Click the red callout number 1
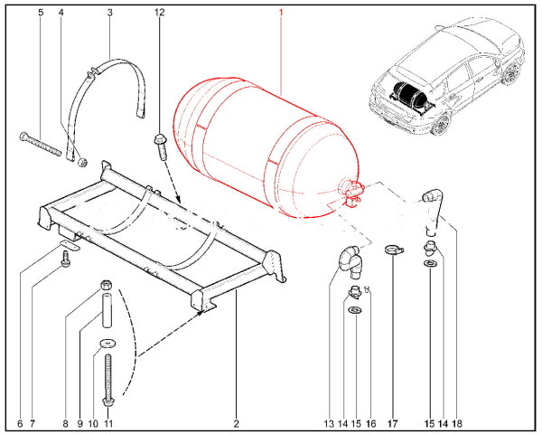pyautogui.click(x=281, y=13)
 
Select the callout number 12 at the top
pyautogui.click(x=160, y=13)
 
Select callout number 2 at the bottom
pyautogui.click(x=237, y=422)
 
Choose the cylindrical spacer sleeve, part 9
pyautogui.click(x=107, y=308)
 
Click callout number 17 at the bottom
pyautogui.click(x=394, y=422)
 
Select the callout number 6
pyautogui.click(x=20, y=422)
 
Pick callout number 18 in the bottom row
pyautogui.click(x=458, y=422)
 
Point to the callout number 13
pyautogui.click(x=329, y=422)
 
